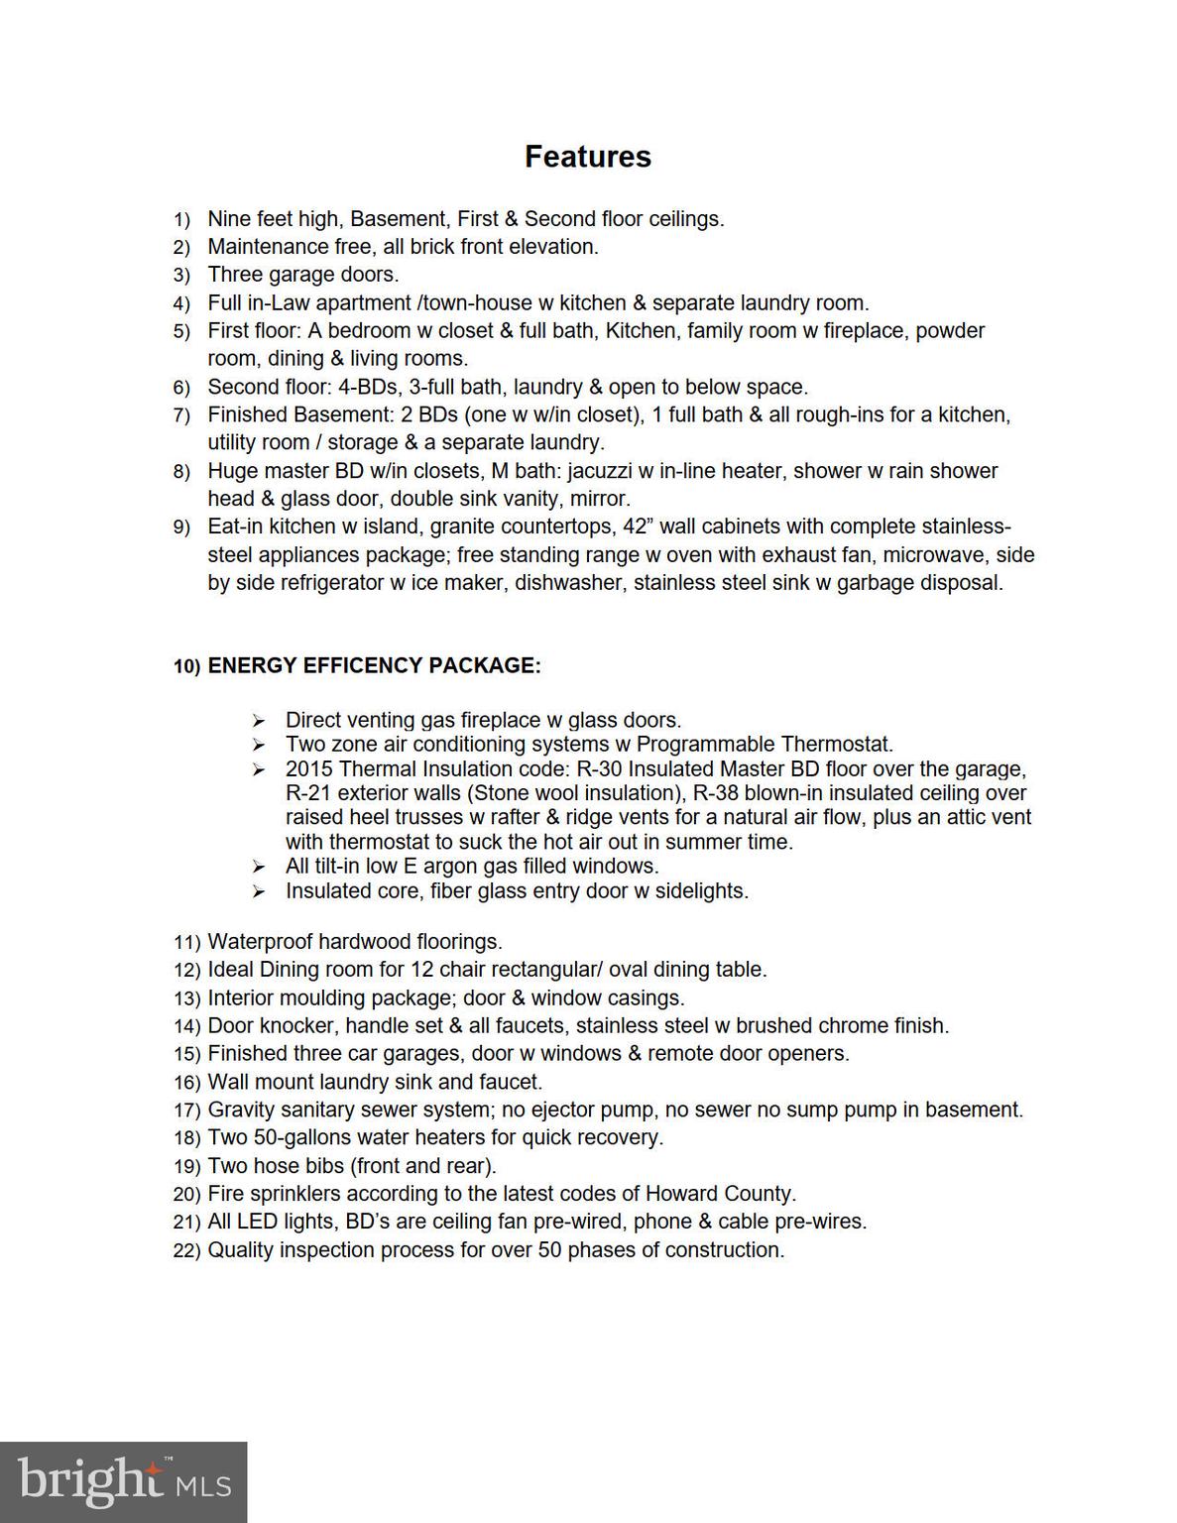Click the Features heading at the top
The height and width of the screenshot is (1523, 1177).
(587, 157)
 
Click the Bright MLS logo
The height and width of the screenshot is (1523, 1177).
(123, 1481)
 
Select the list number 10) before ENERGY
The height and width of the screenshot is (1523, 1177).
(186, 666)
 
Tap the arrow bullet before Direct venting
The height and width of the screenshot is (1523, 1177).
(259, 721)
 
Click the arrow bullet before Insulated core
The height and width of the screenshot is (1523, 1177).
(259, 891)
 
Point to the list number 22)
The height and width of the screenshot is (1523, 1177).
(186, 1250)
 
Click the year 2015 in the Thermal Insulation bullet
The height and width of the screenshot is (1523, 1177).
(308, 769)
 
